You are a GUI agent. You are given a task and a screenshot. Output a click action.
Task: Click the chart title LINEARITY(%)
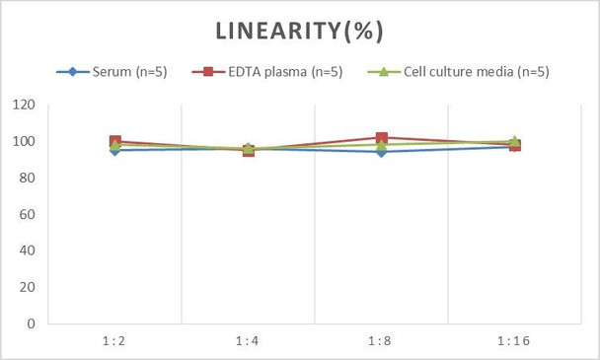coord(299,31)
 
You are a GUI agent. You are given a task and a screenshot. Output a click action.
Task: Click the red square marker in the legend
coord(210,71)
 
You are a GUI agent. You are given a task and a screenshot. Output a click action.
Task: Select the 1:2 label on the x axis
coord(114,341)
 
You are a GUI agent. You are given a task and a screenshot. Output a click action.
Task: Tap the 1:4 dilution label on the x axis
coord(248,341)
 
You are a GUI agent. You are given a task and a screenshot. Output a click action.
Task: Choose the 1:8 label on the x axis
coord(381,341)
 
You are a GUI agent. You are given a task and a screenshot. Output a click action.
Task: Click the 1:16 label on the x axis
coord(514,341)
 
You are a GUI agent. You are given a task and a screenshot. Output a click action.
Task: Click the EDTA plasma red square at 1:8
coord(381,138)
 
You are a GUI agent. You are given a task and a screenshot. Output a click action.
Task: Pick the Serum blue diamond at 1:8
coord(381,152)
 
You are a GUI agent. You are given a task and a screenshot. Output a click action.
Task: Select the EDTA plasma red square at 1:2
coord(115,142)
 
